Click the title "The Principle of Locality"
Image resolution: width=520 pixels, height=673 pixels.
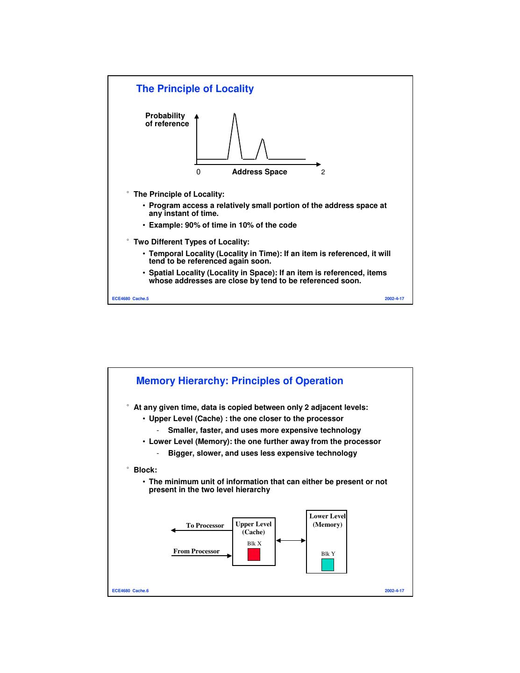coord(194,89)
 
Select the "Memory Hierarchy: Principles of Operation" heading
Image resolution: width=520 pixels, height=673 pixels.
coord(239,381)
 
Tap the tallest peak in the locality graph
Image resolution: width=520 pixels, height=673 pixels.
coord(235,115)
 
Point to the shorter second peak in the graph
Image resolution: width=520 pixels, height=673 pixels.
coord(263,140)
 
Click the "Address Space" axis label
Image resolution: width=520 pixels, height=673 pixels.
coord(259,172)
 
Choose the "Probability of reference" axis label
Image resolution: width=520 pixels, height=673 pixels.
coord(167,120)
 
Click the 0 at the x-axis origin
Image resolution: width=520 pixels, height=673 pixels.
coord(199,172)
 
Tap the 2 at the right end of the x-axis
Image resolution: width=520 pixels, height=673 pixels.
coord(323,172)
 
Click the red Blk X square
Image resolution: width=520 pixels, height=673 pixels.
coord(254,554)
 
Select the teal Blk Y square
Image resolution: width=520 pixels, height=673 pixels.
coord(328,565)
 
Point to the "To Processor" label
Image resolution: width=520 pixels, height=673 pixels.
coord(205,526)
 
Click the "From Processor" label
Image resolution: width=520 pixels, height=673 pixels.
coord(196,551)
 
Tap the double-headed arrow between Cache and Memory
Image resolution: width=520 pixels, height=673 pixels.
coord(291,541)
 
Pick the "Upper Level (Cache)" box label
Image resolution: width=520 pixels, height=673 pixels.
coord(253,528)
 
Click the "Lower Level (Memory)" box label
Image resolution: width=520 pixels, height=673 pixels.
coord(327,520)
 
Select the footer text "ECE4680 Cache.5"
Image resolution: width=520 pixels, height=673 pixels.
coord(130,299)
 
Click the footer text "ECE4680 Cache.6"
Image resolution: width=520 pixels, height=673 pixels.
coord(130,591)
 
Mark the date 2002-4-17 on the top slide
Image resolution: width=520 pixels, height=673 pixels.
coord(394,299)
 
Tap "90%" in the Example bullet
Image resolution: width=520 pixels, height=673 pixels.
coord(192,225)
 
